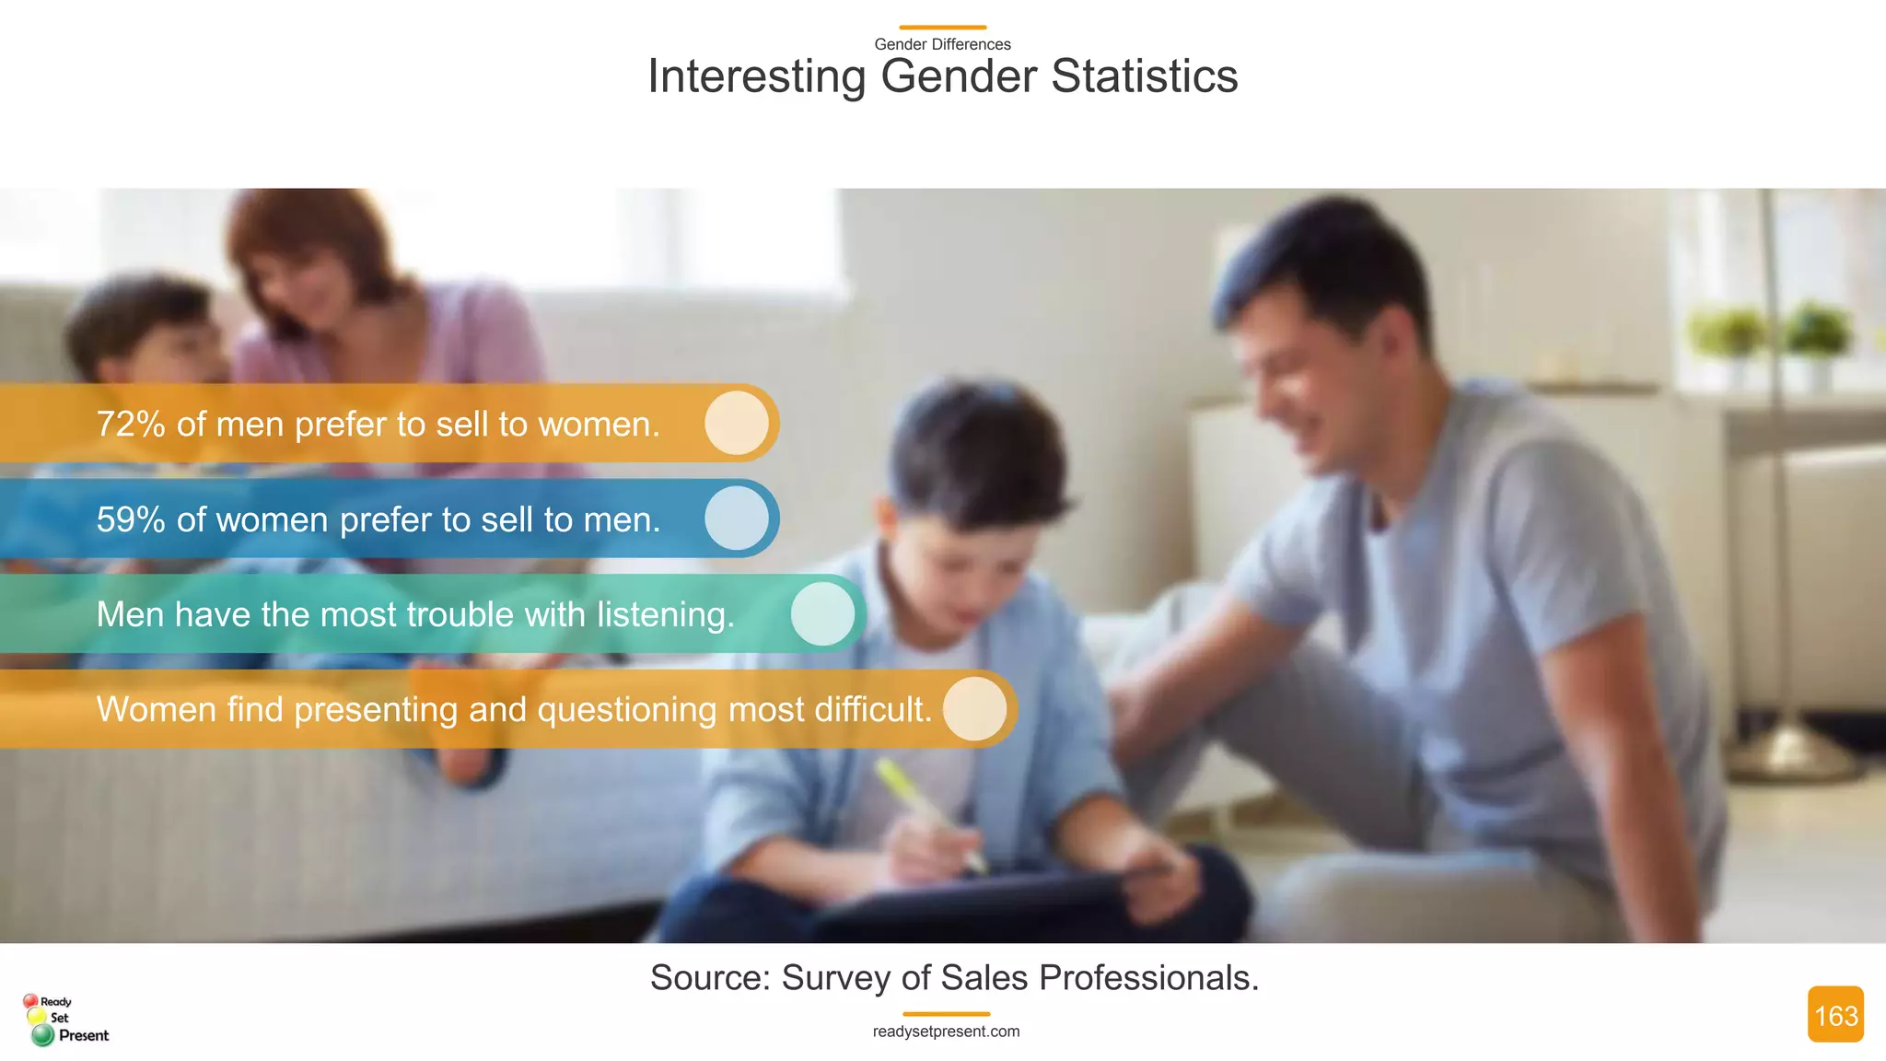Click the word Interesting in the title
[x=756, y=76]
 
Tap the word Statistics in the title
[x=1145, y=76]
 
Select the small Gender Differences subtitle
[x=942, y=44]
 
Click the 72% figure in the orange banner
[x=131, y=425]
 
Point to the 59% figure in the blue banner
[x=131, y=520]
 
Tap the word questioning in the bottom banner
[x=626, y=710]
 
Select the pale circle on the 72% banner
[x=737, y=423]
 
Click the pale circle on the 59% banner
[x=737, y=519]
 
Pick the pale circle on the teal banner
[x=822, y=613]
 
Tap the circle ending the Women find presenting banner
[x=974, y=709]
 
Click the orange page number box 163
[x=1835, y=1015]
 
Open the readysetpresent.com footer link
[x=946, y=1032]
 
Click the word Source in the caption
[x=709, y=978]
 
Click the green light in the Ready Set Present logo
[x=42, y=1036]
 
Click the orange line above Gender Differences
[x=942, y=28]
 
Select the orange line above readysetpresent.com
[x=946, y=1014]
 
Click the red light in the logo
[x=30, y=1000]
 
